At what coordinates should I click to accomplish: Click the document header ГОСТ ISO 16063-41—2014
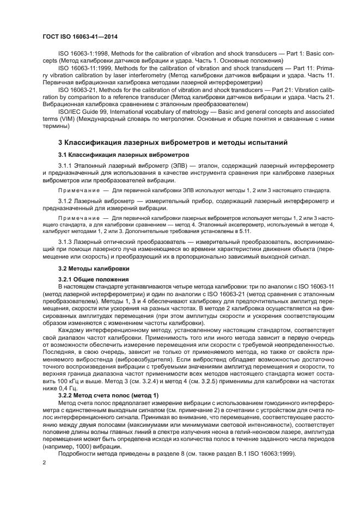coord(80,36)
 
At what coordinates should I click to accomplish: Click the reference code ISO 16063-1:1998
coord(83,54)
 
